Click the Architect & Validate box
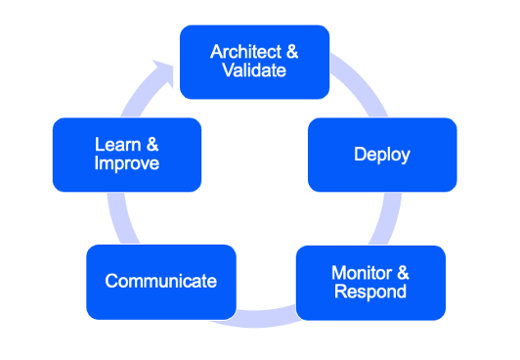(254, 62)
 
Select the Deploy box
(381, 155)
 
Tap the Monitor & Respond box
(369, 282)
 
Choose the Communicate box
(160, 282)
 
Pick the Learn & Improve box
(126, 155)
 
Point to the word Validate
(254, 70)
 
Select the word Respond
(369, 292)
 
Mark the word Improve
(126, 163)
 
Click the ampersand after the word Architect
(290, 52)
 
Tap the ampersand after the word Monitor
(403, 272)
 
